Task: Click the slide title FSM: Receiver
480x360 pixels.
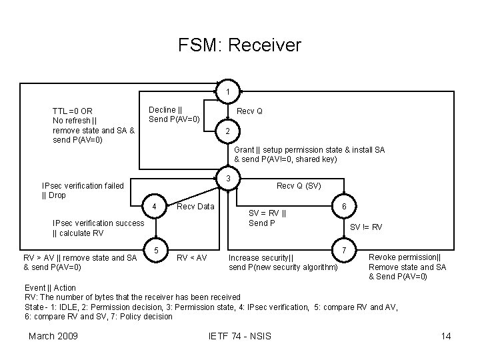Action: pos(239,45)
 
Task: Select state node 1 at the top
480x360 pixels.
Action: pos(228,91)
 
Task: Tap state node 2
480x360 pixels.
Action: pos(228,131)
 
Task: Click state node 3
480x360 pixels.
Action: pos(228,179)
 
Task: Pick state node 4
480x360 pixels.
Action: pos(155,206)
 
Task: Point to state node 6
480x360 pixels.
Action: pos(343,207)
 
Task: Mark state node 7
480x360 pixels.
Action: pos(343,250)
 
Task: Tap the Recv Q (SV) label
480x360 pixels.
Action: pos(299,186)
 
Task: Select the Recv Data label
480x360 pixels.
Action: pos(195,207)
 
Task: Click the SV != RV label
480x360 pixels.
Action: pos(366,227)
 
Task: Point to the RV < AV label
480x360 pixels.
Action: pos(191,257)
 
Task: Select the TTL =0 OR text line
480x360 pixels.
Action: pos(73,111)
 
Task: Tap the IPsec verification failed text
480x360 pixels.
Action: pos(83,186)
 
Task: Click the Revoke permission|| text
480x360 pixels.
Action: pos(404,257)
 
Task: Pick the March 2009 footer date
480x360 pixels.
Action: pos(53,335)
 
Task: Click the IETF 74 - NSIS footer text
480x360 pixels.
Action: pos(240,335)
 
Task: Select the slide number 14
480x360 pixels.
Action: pos(446,335)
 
